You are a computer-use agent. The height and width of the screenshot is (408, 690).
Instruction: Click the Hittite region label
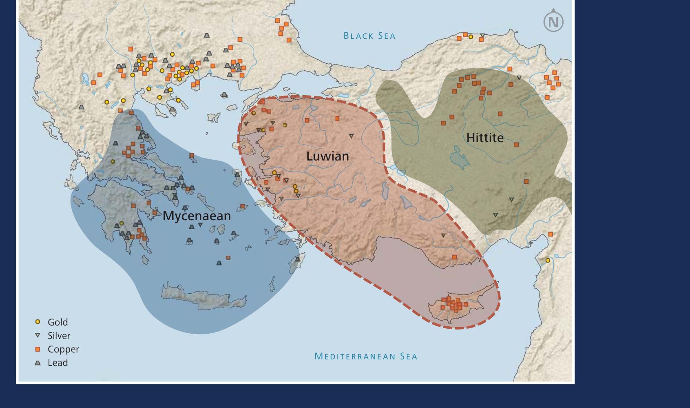click(485, 138)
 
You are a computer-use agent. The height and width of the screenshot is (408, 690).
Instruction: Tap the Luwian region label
click(327, 156)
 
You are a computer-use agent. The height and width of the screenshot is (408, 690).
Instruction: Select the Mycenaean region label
click(197, 216)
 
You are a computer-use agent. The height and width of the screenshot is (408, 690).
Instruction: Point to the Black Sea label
click(369, 36)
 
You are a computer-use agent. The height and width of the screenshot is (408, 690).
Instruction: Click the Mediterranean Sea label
click(366, 357)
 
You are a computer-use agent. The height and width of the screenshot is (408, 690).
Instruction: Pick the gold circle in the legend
click(38, 322)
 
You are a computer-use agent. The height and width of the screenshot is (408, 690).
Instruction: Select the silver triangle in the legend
click(38, 335)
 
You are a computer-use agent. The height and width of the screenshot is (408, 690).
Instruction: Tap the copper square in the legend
click(38, 349)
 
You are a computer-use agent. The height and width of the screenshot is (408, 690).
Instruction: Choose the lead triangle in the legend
click(38, 363)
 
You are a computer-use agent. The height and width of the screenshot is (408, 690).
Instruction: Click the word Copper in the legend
click(63, 349)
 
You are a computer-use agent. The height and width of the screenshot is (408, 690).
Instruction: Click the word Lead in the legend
click(58, 363)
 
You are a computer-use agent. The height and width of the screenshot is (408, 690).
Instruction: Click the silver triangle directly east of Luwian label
click(351, 136)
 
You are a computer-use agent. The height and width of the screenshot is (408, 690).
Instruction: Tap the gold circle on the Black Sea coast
click(471, 37)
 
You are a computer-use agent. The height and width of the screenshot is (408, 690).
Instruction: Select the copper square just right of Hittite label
click(516, 145)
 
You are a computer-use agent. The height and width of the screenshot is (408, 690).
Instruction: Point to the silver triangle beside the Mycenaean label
click(200, 225)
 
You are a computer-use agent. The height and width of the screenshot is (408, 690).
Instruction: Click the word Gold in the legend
click(58, 322)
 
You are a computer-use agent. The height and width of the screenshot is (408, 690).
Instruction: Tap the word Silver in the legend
click(59, 336)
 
